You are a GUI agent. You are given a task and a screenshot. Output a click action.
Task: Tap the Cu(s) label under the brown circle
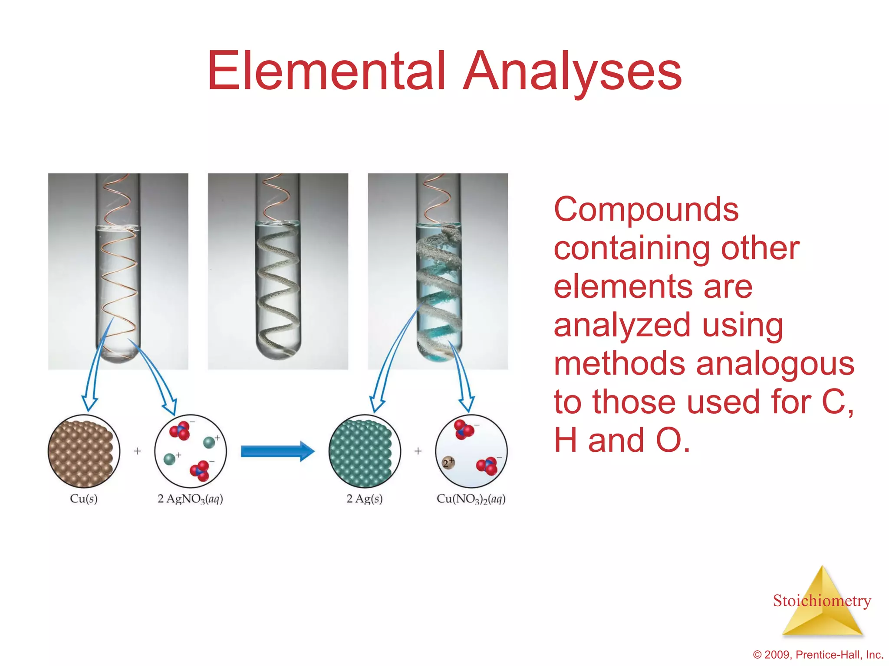click(x=84, y=499)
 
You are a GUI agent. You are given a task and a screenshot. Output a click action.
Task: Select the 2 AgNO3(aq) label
click(x=190, y=499)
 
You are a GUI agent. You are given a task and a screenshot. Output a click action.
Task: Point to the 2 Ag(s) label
click(x=365, y=499)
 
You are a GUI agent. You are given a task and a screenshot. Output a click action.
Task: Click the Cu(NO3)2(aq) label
click(x=471, y=499)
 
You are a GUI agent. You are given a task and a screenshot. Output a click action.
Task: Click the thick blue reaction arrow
click(x=277, y=451)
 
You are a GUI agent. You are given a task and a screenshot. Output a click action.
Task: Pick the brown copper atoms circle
click(x=83, y=451)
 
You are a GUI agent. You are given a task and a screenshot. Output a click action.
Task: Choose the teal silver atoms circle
click(x=364, y=451)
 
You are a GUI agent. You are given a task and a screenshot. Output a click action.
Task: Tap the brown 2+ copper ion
click(x=448, y=463)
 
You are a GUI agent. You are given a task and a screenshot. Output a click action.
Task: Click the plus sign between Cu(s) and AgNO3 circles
click(x=137, y=451)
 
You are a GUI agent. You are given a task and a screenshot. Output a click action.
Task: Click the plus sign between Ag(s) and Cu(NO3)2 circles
click(x=418, y=451)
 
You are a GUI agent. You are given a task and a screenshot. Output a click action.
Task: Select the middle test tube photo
click(x=278, y=271)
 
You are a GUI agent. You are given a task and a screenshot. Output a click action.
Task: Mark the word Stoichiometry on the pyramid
click(x=822, y=601)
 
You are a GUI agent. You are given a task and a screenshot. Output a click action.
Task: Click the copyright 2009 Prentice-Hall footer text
click(x=818, y=655)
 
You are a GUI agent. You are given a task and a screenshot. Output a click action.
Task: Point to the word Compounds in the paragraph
click(x=646, y=209)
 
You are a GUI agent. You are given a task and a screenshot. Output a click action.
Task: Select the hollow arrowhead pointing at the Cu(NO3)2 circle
click(x=466, y=403)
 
